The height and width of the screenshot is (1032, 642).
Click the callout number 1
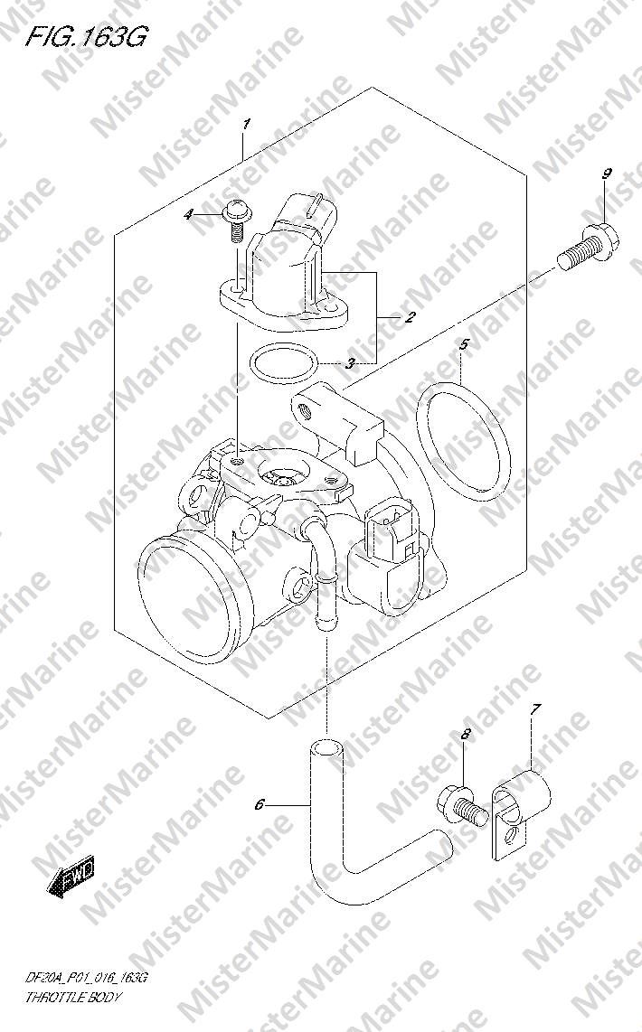point(246,124)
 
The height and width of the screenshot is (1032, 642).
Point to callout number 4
point(188,214)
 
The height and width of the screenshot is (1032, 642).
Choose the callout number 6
point(260,804)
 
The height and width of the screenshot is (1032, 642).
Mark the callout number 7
point(535,709)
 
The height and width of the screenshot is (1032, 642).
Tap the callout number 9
point(606,174)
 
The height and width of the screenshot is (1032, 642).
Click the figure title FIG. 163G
point(86,38)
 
